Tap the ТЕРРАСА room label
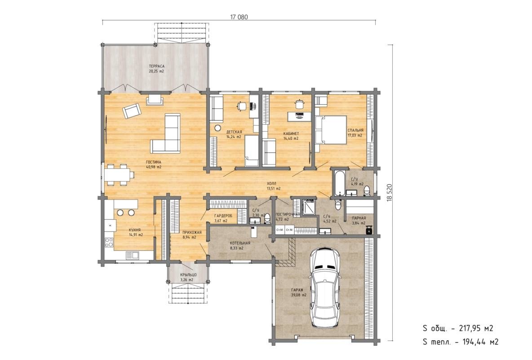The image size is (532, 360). (x=156, y=66)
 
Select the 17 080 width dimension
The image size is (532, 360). (x=239, y=17)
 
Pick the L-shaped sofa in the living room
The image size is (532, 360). (x=166, y=133)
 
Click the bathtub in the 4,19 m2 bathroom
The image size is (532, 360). (x=339, y=183)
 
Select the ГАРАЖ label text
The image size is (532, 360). (x=297, y=290)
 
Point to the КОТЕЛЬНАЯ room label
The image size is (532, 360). (x=240, y=243)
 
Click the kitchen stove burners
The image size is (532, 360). (x=109, y=242)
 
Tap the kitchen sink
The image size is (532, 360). (x=132, y=255)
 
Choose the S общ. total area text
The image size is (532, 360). (x=458, y=329)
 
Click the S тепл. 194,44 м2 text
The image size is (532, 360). (x=461, y=342)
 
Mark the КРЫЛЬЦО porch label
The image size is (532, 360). (x=188, y=275)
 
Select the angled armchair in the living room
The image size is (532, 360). (x=132, y=111)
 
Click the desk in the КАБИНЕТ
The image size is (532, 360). (x=299, y=116)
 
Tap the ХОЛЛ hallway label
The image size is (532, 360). (x=272, y=183)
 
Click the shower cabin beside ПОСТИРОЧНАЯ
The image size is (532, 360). (x=309, y=207)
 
